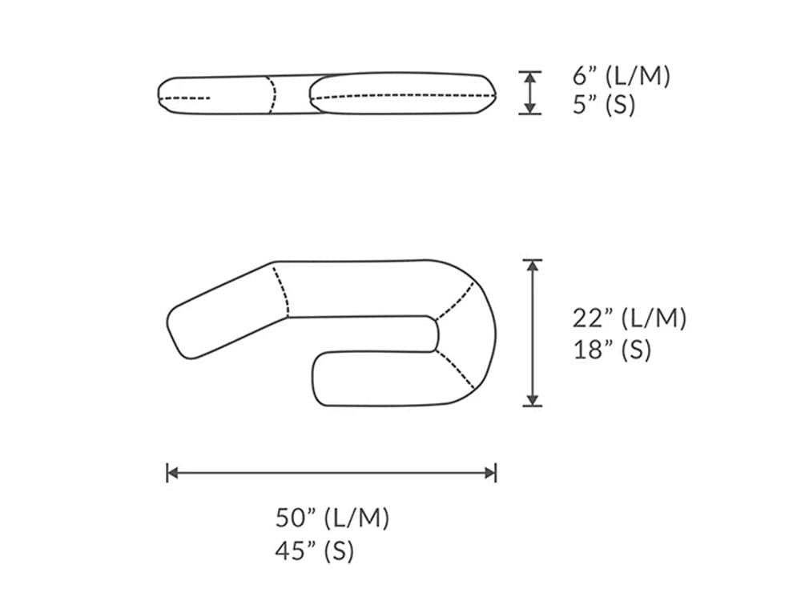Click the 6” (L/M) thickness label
coord(621,77)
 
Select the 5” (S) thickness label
coord(603,105)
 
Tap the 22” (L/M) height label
coord(629,318)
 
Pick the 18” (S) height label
coord(612,350)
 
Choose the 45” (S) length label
coord(315,550)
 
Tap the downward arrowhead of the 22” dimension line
coord(532,399)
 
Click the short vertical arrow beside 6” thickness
coord(529,93)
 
